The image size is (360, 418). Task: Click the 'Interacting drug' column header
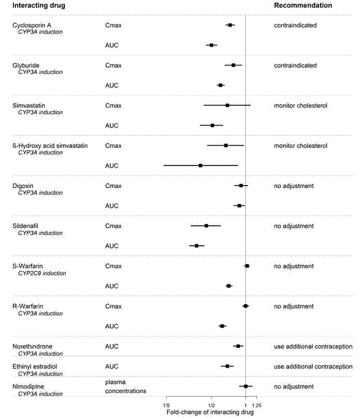click(38, 5)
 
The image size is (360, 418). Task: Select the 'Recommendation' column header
click(303, 5)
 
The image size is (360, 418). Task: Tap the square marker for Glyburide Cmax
click(233, 65)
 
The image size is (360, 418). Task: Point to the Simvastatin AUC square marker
click(213, 125)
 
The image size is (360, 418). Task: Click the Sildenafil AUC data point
click(196, 246)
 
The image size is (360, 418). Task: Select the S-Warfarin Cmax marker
click(247, 266)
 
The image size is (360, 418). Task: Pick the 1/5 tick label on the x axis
click(166, 405)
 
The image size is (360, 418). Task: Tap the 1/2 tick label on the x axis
click(211, 405)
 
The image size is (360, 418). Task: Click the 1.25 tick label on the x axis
click(257, 405)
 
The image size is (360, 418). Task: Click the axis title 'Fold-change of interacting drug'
click(210, 412)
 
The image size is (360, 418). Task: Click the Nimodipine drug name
click(28, 386)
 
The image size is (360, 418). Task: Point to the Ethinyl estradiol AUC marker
click(227, 366)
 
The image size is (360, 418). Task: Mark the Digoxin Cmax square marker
click(241, 186)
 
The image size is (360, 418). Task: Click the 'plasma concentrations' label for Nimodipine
click(125, 386)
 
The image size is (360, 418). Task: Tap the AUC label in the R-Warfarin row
click(112, 326)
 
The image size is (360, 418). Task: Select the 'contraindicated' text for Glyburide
click(295, 65)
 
